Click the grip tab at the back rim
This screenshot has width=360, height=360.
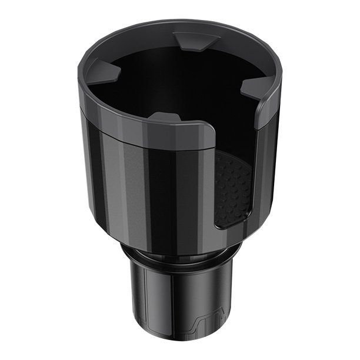(196, 41)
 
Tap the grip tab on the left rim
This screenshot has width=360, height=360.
(106, 73)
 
